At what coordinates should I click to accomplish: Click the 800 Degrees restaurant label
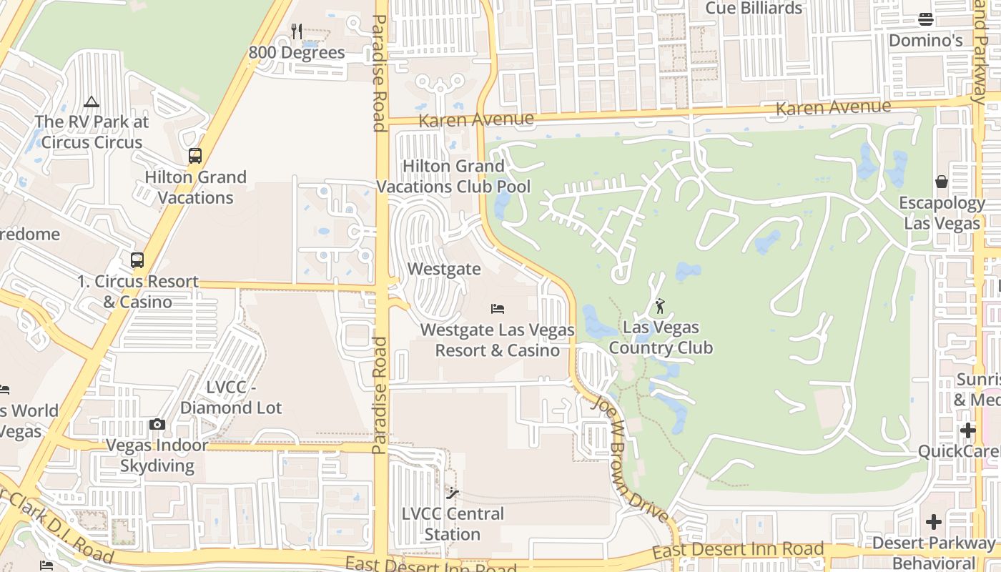297,53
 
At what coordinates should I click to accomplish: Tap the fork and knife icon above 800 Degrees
297,31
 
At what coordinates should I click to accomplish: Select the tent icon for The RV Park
92,102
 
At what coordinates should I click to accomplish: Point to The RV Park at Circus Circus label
92,132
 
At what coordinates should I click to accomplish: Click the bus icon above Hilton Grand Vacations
194,155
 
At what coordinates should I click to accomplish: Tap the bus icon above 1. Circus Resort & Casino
137,260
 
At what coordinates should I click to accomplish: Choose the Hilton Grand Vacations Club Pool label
453,177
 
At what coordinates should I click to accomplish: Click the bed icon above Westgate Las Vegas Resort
498,309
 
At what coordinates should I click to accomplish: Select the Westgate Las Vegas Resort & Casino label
498,340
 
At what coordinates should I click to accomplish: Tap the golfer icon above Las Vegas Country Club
660,307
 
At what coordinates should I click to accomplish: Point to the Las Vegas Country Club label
661,338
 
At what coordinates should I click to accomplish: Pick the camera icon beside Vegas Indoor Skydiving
157,425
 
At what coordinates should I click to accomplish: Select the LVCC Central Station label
453,524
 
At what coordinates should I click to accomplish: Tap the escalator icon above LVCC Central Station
453,493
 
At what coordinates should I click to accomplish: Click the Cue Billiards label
754,9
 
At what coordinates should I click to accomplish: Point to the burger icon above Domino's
926,19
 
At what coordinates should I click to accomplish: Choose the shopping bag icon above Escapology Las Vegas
942,182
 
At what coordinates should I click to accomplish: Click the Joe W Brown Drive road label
630,458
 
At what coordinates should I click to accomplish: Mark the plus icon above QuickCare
968,430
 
